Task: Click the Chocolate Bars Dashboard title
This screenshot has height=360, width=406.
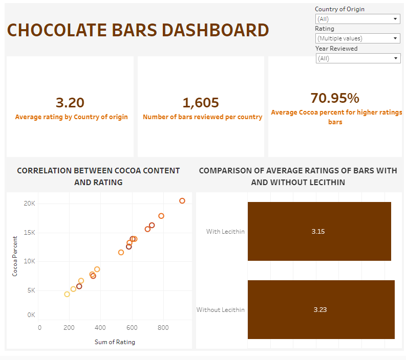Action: coord(138,30)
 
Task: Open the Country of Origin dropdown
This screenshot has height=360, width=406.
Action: coord(357,19)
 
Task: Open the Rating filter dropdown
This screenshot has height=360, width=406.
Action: coord(357,38)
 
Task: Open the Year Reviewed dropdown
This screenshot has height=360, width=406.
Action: coord(357,58)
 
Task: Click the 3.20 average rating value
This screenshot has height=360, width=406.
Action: coord(70,103)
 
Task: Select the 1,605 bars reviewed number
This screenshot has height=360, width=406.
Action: coord(201,103)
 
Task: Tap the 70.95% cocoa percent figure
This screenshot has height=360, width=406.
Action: coord(335,98)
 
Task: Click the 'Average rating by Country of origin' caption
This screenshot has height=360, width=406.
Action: coord(71,117)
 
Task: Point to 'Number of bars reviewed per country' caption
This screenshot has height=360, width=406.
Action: coord(202,117)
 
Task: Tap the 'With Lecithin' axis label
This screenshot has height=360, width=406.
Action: coord(225,232)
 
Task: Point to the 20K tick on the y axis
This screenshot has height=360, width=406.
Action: coord(30,204)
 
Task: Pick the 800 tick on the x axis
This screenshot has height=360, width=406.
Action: coord(163,327)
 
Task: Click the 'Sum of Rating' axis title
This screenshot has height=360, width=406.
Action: coord(115,342)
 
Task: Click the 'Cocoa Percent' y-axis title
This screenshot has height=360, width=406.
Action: coord(15,256)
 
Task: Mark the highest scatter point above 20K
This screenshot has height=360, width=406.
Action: coord(182,201)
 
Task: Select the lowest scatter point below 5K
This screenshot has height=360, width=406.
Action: coord(67,294)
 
